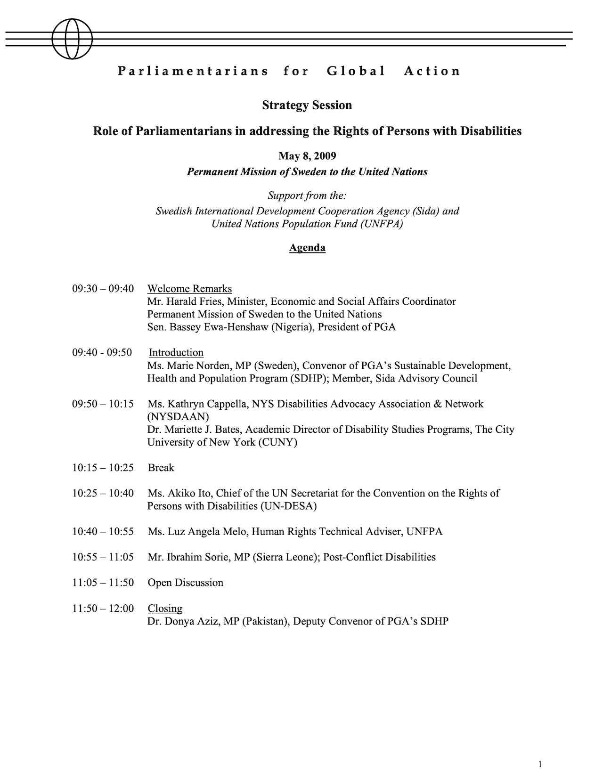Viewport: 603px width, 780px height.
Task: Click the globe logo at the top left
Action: pos(72,39)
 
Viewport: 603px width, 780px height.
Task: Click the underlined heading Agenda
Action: pos(307,248)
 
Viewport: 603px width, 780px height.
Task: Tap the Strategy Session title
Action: pos(307,105)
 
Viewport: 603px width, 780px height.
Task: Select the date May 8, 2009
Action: pos(307,156)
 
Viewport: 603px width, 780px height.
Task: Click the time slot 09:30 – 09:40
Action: pos(103,289)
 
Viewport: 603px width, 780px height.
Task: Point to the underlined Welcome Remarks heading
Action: pos(189,289)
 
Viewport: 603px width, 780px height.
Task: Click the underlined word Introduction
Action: pos(176,353)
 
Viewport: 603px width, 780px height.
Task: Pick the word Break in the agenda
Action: pos(161,468)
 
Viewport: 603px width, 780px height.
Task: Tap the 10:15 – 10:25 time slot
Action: pos(103,468)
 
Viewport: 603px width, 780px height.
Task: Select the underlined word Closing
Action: pos(165,609)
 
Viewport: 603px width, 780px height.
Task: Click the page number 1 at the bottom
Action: pos(540,751)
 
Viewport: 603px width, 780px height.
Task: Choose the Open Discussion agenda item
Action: pos(186,583)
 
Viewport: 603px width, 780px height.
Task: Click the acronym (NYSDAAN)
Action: pos(178,417)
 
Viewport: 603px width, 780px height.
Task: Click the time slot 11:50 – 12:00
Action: pos(103,609)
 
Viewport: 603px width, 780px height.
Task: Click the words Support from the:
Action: pos(307,195)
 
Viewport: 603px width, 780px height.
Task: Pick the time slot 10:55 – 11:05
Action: pos(103,557)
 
